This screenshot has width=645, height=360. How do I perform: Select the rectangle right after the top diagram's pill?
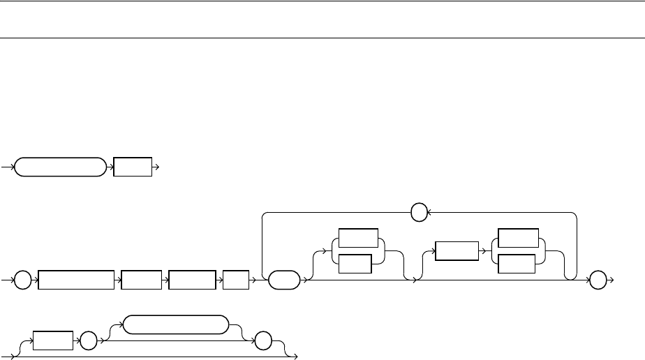coord(133,167)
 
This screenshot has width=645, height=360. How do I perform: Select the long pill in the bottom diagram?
coord(175,324)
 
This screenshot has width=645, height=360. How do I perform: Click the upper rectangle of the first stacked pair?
coord(357,238)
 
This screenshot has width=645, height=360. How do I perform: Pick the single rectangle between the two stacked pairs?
coord(457,251)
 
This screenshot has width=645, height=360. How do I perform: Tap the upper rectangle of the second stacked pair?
coord(518,238)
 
